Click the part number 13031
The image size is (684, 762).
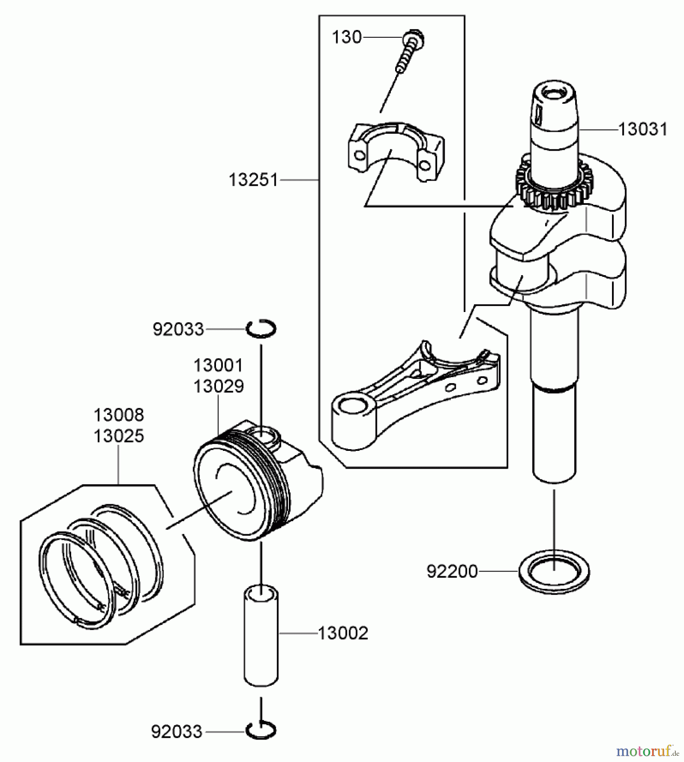(642, 129)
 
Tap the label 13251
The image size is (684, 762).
(253, 180)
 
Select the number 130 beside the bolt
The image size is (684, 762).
(346, 37)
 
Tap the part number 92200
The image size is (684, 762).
(452, 571)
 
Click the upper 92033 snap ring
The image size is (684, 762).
(262, 328)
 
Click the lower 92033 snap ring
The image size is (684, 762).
(261, 731)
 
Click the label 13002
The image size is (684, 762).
(343, 633)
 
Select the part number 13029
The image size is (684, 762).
(219, 386)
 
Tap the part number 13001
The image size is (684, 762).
(219, 365)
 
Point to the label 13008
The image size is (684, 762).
(119, 415)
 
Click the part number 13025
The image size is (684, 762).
(119, 436)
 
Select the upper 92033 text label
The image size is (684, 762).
(178, 329)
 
